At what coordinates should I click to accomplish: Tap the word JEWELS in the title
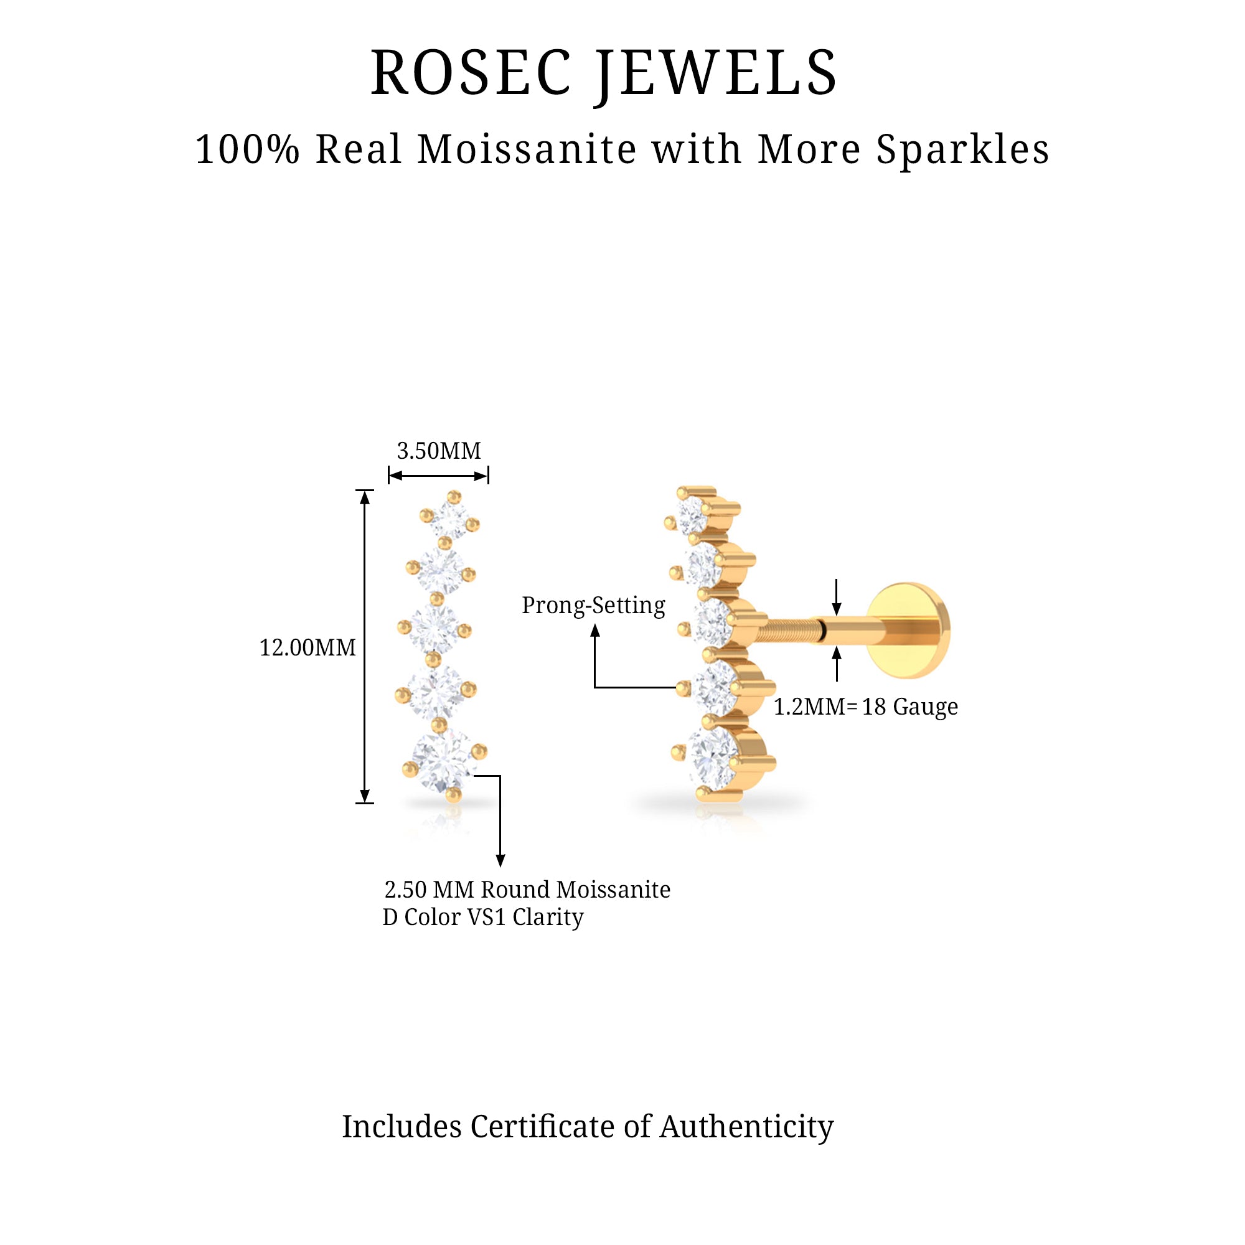[716, 74]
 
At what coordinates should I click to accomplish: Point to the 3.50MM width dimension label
[438, 451]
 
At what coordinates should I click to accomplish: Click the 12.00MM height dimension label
[308, 647]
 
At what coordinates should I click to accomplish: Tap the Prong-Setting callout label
[593, 605]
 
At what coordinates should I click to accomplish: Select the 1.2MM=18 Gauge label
[865, 707]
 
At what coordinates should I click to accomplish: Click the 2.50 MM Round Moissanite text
[527, 890]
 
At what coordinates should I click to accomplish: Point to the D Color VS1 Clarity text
[482, 917]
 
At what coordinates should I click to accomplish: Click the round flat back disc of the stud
[908, 629]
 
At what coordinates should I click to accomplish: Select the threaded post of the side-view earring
[789, 629]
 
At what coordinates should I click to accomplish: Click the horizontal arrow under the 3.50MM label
[438, 476]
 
